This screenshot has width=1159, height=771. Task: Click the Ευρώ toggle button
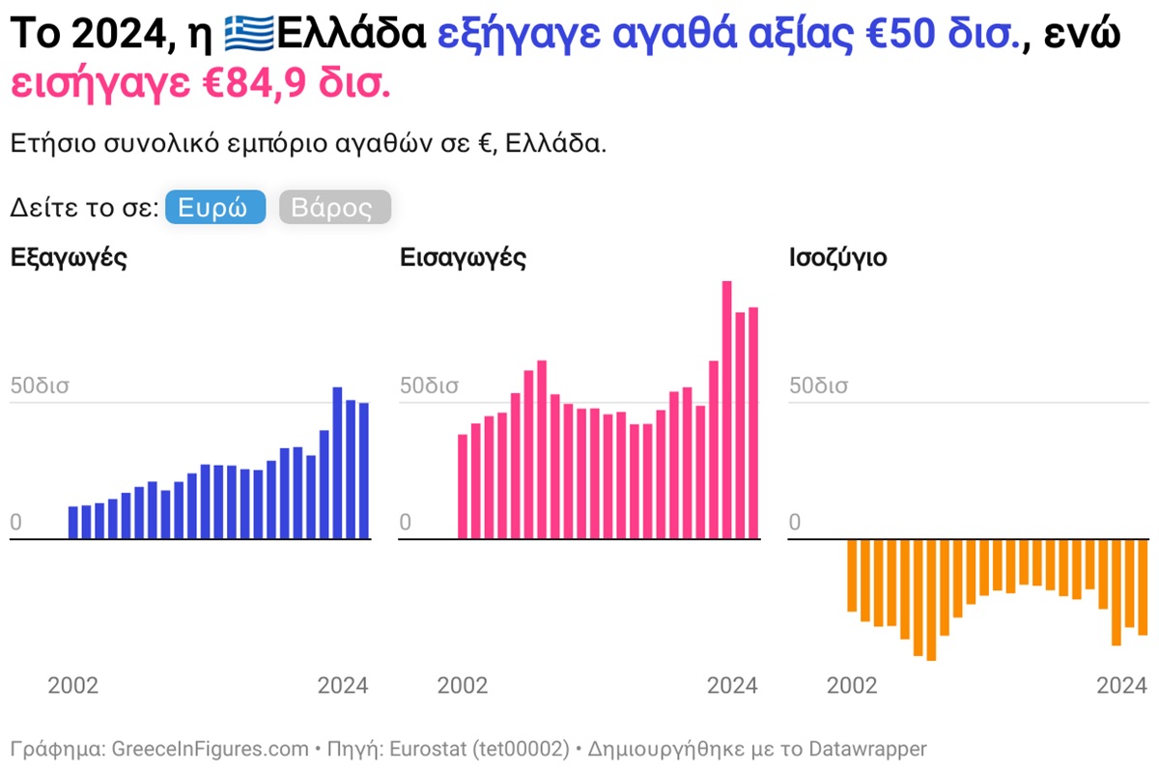pyautogui.click(x=214, y=208)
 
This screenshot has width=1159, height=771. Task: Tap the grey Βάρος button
pyautogui.click(x=334, y=208)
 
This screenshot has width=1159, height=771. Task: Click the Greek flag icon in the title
pyautogui.click(x=249, y=36)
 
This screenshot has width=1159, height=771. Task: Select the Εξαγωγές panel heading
pyautogui.click(x=69, y=258)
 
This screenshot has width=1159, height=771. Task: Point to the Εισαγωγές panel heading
pyautogui.click(x=463, y=258)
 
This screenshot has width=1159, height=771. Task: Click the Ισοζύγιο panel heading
pyautogui.click(x=837, y=258)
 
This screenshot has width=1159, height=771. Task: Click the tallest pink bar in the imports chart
pyautogui.click(x=727, y=410)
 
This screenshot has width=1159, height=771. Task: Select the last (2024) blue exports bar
pyautogui.click(x=363, y=471)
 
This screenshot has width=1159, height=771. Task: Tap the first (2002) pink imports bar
pyautogui.click(x=463, y=486)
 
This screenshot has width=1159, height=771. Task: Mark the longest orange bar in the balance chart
pyautogui.click(x=931, y=599)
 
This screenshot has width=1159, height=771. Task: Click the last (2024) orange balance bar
pyautogui.click(x=1142, y=586)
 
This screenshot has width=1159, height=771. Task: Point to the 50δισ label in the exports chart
pyautogui.click(x=40, y=385)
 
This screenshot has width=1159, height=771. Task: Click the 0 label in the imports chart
pyautogui.click(x=406, y=523)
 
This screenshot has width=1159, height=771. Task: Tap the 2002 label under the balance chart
pyautogui.click(x=852, y=686)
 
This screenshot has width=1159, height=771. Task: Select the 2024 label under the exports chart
pyautogui.click(x=343, y=686)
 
